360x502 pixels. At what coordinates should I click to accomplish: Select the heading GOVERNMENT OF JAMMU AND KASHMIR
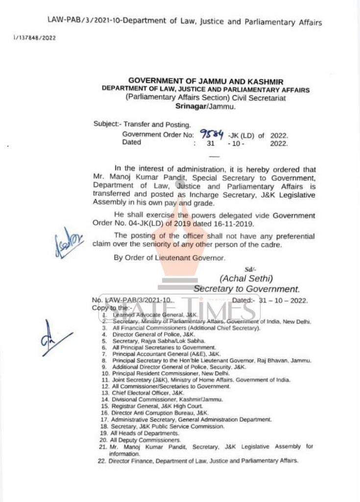[x=206, y=81]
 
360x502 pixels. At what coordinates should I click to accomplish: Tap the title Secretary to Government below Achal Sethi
[x=246, y=289]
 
